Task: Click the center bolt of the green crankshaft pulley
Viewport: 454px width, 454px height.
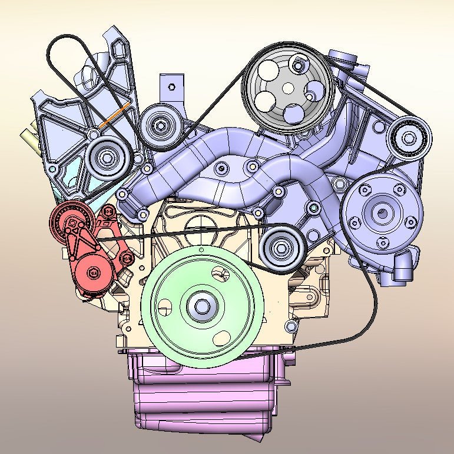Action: click(x=202, y=306)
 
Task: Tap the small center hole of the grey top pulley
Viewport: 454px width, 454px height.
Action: click(x=288, y=88)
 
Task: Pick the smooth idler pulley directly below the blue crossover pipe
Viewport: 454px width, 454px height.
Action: click(x=281, y=249)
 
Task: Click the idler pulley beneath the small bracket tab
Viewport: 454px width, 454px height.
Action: click(x=160, y=125)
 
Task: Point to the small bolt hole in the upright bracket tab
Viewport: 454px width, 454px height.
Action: click(x=171, y=86)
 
